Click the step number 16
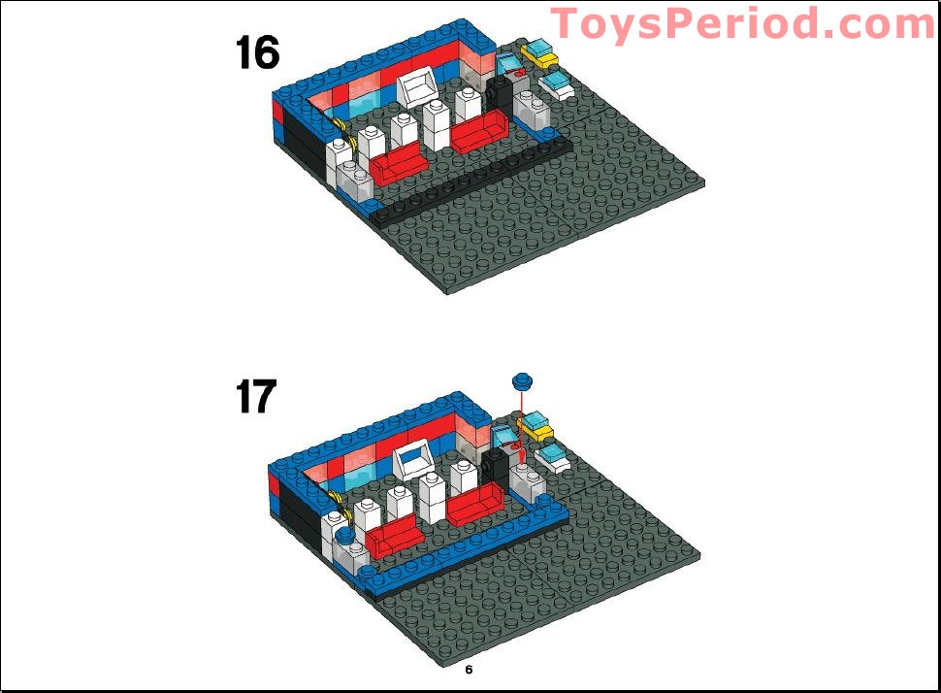tap(257, 52)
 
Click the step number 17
tap(255, 396)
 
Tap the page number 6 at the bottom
tap(469, 670)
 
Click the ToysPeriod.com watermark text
tap(743, 23)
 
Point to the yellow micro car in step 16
tap(539, 53)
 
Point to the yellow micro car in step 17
tap(535, 426)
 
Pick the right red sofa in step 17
tap(475, 504)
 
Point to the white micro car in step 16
tap(560, 86)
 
